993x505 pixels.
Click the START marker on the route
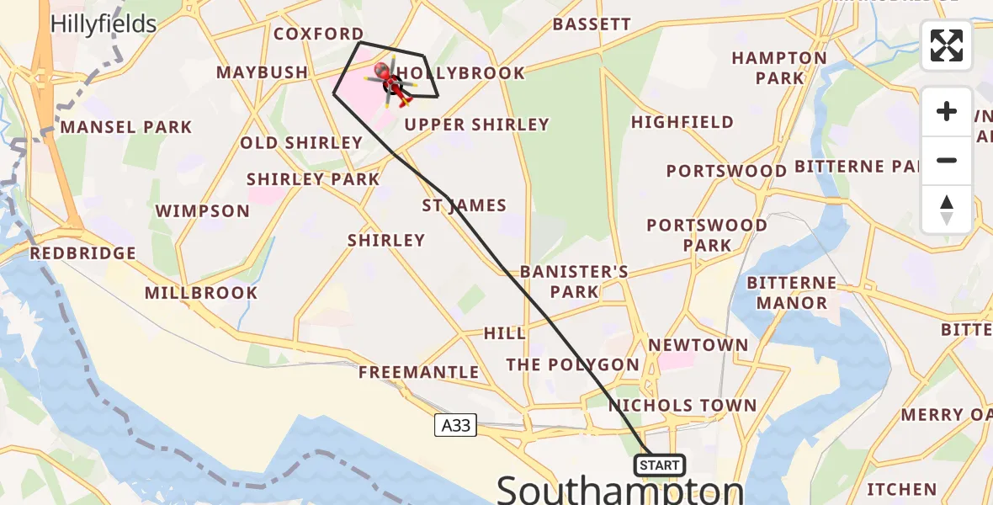[660, 465]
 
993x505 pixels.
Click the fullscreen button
[947, 45]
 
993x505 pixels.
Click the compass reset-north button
[947, 210]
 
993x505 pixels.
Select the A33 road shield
[456, 426]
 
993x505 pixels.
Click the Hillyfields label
[104, 24]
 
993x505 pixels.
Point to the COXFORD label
[318, 34]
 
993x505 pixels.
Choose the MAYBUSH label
[262, 72]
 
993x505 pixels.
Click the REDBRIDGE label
[82, 252]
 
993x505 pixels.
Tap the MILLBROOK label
[201, 293]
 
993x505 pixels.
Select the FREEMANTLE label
[418, 372]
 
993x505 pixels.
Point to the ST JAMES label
[465, 205]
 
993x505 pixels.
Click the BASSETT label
[592, 24]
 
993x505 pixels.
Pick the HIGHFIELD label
[682, 122]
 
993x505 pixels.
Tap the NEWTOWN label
[698, 345]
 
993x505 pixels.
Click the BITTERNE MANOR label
[791, 293]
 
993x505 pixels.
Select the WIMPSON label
[203, 210]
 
